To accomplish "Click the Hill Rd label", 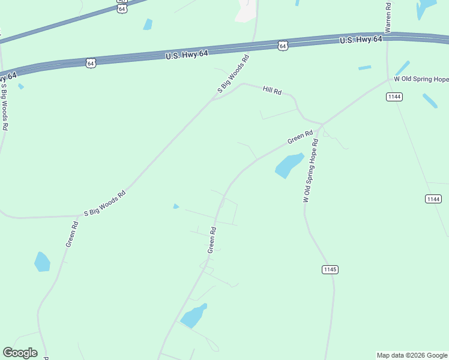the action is tap(272, 90).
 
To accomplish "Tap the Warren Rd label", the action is tap(388, 17).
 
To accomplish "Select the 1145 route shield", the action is tap(329, 269).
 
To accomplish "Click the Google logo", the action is tap(20, 353).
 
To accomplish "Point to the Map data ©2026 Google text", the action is tap(412, 355).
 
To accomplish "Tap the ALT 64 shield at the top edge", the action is tap(122, 7).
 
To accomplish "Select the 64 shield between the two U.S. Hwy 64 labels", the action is tap(283, 46).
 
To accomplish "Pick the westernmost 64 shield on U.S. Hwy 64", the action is tap(91, 63).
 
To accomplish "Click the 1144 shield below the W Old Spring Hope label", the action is tap(394, 97).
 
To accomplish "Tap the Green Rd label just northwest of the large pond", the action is tap(300, 137).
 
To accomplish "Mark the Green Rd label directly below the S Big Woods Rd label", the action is tap(72, 235).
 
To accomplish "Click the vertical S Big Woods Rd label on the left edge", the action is tap(4, 107).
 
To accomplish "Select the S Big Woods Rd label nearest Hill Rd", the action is tap(233, 74).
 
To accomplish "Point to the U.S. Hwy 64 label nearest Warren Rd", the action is tap(361, 40).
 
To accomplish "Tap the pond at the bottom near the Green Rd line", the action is tap(193, 316).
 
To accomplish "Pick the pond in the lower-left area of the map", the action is tap(42, 262).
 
